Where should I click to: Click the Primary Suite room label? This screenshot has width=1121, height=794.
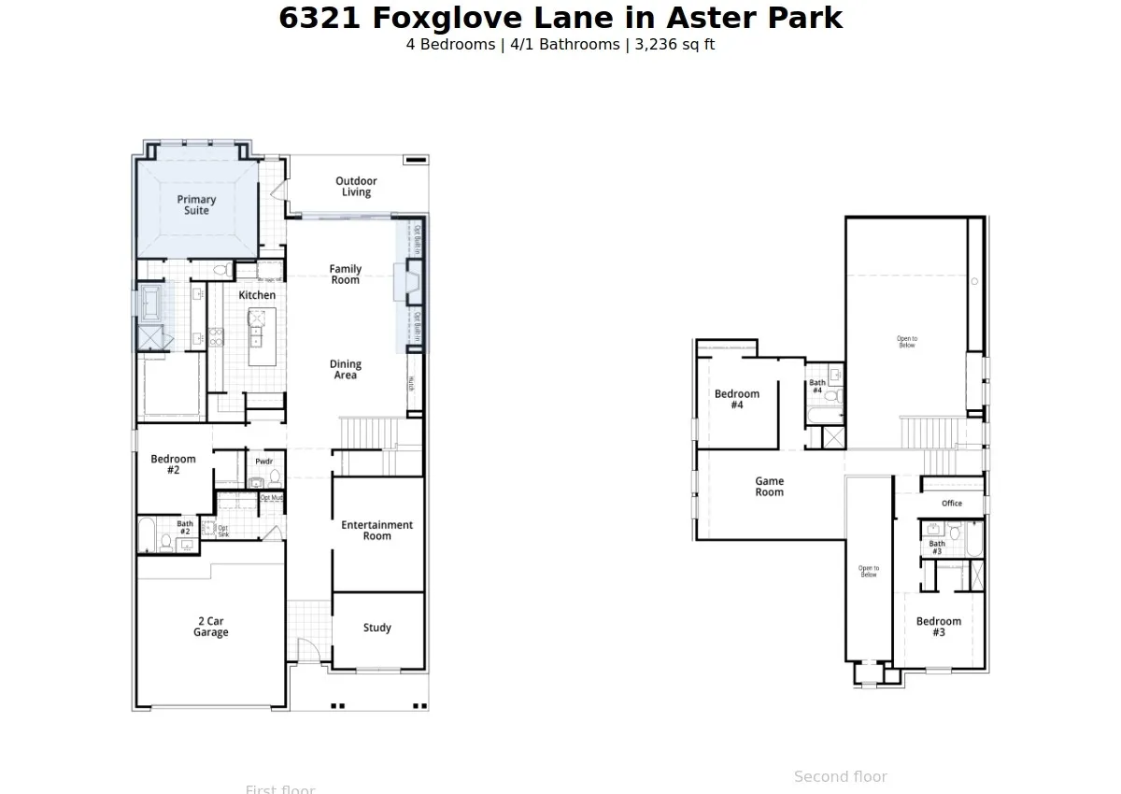tap(196, 205)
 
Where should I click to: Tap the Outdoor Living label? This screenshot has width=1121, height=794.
tap(356, 187)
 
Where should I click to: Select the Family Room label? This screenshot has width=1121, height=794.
tap(345, 275)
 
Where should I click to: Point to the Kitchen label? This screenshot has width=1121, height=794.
tap(257, 295)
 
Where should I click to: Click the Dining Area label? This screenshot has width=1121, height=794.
tap(346, 370)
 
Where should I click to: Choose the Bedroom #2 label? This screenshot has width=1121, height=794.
tap(173, 464)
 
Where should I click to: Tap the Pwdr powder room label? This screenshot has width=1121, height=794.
tap(264, 461)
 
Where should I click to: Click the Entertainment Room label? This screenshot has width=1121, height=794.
tap(376, 531)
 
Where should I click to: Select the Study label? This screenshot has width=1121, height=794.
tap(377, 628)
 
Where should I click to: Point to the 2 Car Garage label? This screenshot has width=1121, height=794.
tap(210, 627)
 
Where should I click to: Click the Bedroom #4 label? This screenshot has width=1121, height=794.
tap(737, 400)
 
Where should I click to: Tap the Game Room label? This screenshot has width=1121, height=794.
tap(770, 487)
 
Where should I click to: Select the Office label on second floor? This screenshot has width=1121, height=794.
tap(952, 503)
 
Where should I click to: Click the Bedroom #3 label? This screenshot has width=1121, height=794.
tap(939, 627)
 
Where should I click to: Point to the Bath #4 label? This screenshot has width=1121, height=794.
tap(817, 387)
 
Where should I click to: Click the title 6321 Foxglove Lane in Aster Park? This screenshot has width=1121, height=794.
tap(560, 18)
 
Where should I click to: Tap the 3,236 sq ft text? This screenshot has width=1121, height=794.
tap(674, 45)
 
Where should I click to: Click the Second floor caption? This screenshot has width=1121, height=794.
tap(840, 777)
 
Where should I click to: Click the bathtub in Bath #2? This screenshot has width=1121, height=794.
tap(148, 536)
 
